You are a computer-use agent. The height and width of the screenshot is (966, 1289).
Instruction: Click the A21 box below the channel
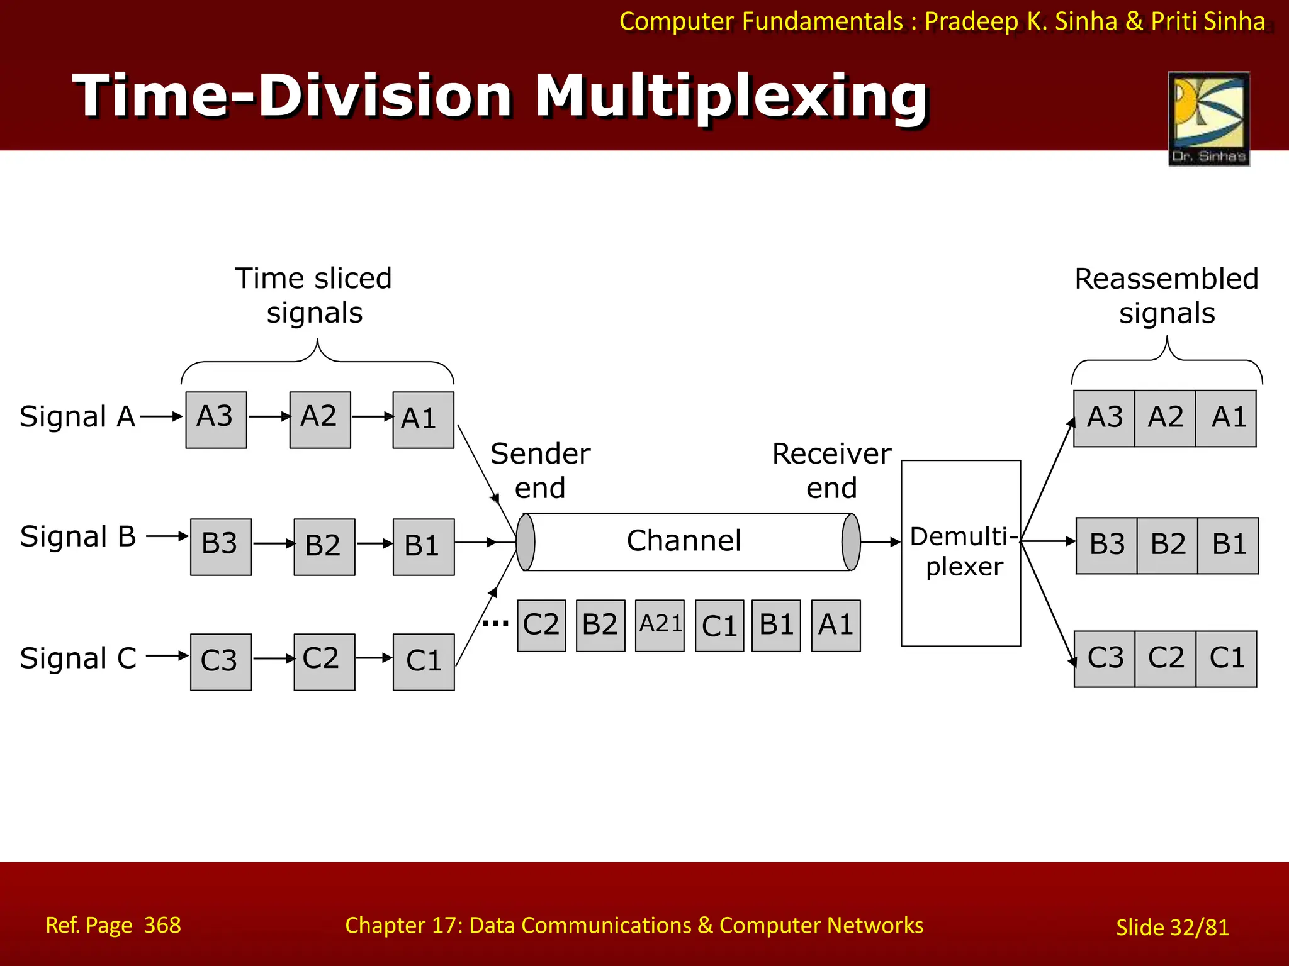660,625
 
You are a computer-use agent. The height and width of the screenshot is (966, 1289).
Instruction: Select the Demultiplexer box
960,553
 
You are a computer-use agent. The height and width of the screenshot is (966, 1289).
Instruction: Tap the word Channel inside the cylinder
684,541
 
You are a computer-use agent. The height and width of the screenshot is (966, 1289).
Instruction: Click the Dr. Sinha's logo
1208,118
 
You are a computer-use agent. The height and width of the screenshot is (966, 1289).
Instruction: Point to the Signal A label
77,417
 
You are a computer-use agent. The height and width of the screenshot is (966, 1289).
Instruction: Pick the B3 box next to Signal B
221,547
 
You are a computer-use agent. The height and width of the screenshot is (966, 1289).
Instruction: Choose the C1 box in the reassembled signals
1226,658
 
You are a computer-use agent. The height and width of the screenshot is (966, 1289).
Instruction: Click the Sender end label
540,470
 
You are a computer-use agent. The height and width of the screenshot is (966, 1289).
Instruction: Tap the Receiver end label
831,470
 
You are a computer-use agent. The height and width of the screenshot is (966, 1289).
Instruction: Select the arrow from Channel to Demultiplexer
881,541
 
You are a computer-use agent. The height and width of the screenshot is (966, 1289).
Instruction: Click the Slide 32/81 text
1172,927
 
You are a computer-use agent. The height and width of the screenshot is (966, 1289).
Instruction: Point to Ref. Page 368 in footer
113,925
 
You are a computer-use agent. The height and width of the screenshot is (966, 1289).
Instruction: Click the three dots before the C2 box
495,624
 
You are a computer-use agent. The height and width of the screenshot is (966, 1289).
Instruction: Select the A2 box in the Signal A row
320,419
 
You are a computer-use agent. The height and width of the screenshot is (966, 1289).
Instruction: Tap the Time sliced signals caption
313,295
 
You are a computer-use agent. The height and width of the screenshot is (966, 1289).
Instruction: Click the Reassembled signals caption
1166,295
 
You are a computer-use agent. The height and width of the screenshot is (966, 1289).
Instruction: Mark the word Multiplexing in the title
731,96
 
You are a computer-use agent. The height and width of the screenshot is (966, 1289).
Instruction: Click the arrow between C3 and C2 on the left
273,658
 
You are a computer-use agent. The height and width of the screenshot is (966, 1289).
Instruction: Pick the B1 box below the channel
776,625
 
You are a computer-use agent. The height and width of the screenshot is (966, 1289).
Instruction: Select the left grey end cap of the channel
526,541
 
